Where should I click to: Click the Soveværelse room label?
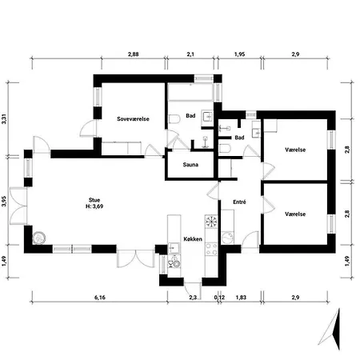[x=133, y=119]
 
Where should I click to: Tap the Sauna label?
[x=190, y=165]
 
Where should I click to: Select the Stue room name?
[x=94, y=200]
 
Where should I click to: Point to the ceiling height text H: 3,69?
[x=94, y=206]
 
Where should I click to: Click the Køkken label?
[x=193, y=239]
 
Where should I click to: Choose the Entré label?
[x=239, y=202]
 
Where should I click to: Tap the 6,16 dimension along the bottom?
[x=100, y=298]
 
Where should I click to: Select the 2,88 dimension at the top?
[x=134, y=54]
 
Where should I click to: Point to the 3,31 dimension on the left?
[x=4, y=119]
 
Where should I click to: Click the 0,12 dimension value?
[x=219, y=298]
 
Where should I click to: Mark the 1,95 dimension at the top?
[x=240, y=54]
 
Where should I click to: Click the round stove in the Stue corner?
[x=39, y=238]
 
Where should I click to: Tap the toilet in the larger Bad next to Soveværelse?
[x=174, y=119]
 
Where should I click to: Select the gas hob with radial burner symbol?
[x=211, y=222]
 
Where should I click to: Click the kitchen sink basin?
[x=174, y=248]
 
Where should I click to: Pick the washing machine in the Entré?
[x=227, y=238]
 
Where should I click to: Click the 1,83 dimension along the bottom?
[x=241, y=298]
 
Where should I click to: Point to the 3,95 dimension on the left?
[x=4, y=201]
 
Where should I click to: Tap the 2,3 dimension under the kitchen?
[x=193, y=298]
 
